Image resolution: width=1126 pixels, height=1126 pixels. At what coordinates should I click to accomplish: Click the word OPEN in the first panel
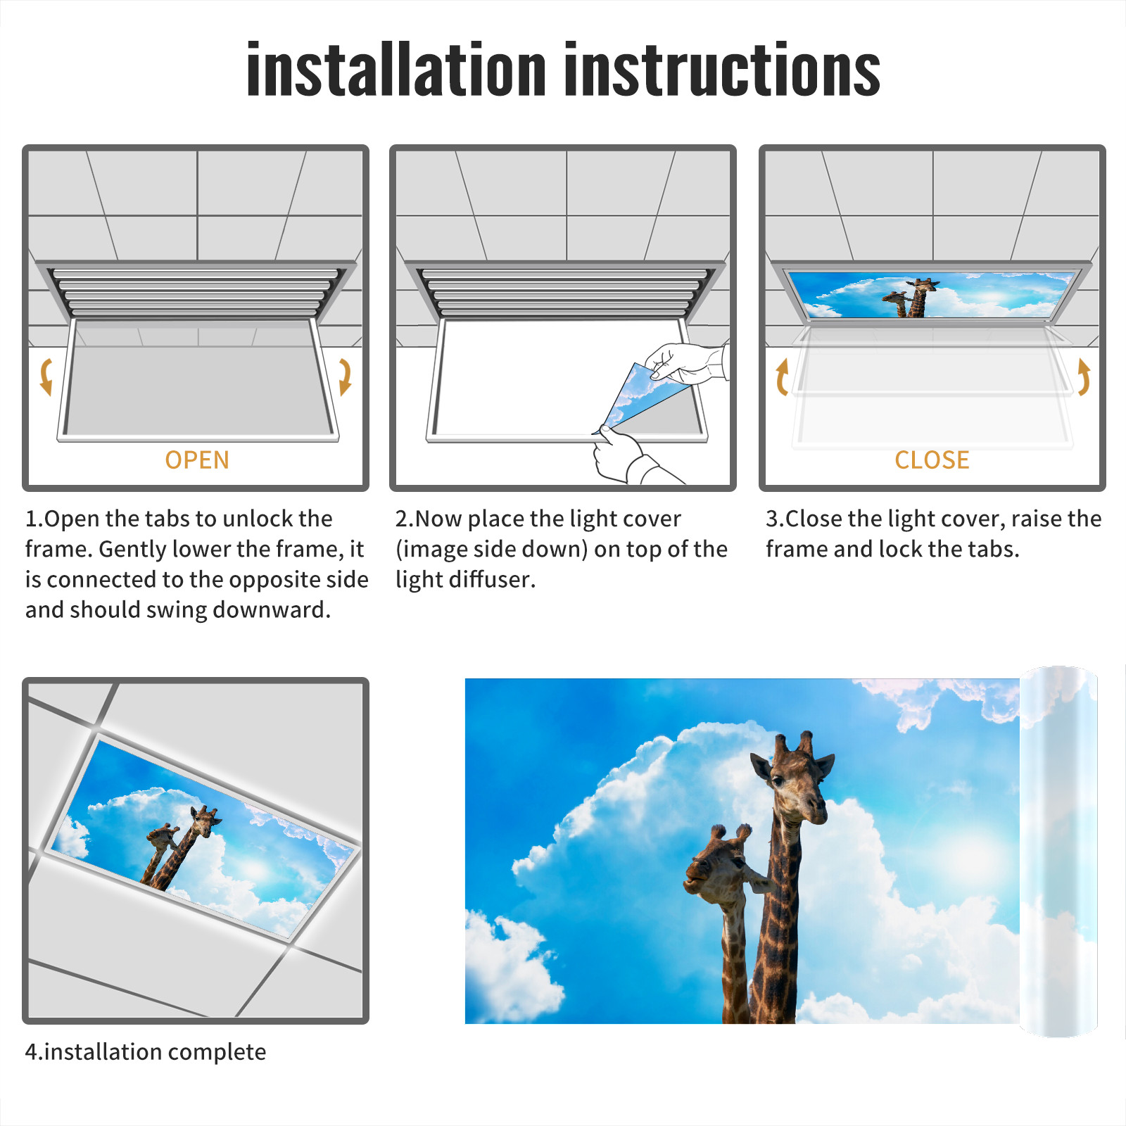click(197, 460)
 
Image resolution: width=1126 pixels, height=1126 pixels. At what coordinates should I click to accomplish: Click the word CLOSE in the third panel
click(932, 460)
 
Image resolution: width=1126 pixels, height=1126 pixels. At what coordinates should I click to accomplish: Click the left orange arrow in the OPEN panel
click(46, 376)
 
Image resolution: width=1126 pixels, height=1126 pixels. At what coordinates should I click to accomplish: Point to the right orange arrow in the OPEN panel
click(345, 376)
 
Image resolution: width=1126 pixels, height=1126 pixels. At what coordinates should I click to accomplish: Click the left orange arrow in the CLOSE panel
click(781, 377)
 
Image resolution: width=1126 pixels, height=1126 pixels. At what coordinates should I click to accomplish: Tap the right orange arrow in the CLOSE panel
click(1084, 377)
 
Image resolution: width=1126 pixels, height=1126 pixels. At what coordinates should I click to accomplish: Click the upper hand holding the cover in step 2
click(686, 362)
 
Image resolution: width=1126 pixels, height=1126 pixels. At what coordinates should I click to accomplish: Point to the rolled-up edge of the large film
click(1058, 852)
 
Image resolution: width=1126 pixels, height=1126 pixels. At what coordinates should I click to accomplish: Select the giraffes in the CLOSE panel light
click(911, 298)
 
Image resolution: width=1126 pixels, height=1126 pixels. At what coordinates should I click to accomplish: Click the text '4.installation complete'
click(146, 1051)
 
